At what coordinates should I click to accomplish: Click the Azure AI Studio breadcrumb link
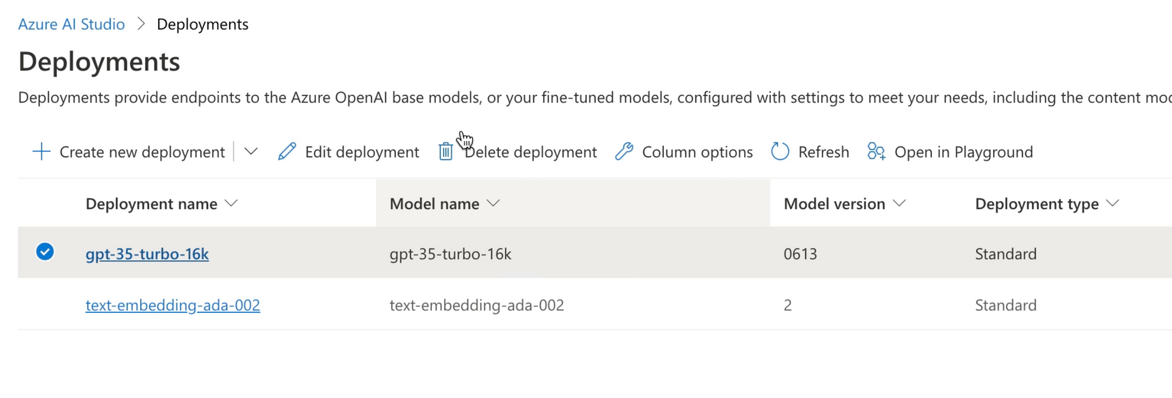(x=71, y=24)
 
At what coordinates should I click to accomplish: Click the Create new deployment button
(x=129, y=152)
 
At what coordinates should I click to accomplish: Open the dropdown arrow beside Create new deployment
(x=251, y=152)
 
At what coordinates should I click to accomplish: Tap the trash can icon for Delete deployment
(x=446, y=152)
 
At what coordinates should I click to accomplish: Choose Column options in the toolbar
(x=684, y=152)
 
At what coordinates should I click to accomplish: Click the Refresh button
(x=810, y=152)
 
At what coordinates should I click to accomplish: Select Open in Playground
(x=950, y=152)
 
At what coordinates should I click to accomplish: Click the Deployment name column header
(x=151, y=203)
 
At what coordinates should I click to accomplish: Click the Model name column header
(x=434, y=203)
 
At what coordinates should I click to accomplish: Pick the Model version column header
(x=834, y=203)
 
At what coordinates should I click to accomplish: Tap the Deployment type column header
(x=1037, y=203)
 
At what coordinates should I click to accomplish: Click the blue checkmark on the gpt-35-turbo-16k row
(x=45, y=252)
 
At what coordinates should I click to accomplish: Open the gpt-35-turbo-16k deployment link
(x=147, y=254)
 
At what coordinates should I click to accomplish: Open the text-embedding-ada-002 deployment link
(x=173, y=305)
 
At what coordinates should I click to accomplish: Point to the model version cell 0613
(x=800, y=254)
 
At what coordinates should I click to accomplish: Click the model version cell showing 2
(x=788, y=305)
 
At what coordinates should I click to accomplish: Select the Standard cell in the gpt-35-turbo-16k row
(x=1006, y=254)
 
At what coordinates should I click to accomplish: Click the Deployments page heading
(x=99, y=62)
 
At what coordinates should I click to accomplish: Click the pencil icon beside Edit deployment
(x=287, y=152)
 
